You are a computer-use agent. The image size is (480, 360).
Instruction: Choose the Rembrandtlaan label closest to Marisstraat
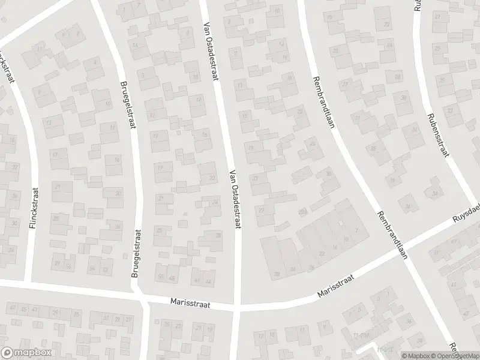pos(392,235)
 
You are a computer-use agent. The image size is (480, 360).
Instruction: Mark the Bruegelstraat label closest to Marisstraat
pos(137,255)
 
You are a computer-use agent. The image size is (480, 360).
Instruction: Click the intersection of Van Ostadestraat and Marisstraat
pos(236,307)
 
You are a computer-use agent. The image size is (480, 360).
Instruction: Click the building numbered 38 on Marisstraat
pos(277,274)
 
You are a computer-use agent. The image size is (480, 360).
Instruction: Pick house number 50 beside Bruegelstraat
pos(160,277)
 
